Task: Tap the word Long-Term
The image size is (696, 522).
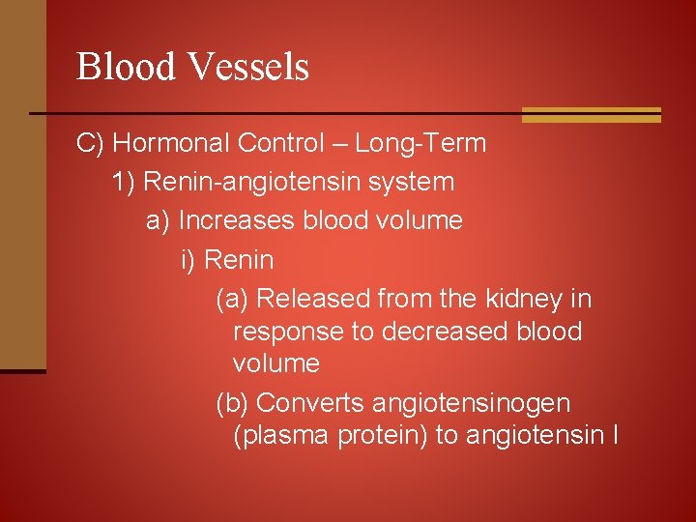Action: pyautogui.click(x=420, y=144)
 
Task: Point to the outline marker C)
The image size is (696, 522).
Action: pyautogui.click(x=91, y=144)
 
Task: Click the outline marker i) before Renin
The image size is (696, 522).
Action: pyautogui.click(x=189, y=260)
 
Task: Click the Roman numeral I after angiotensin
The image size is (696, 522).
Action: pyautogui.click(x=616, y=435)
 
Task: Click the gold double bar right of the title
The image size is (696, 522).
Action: pyautogui.click(x=591, y=115)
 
